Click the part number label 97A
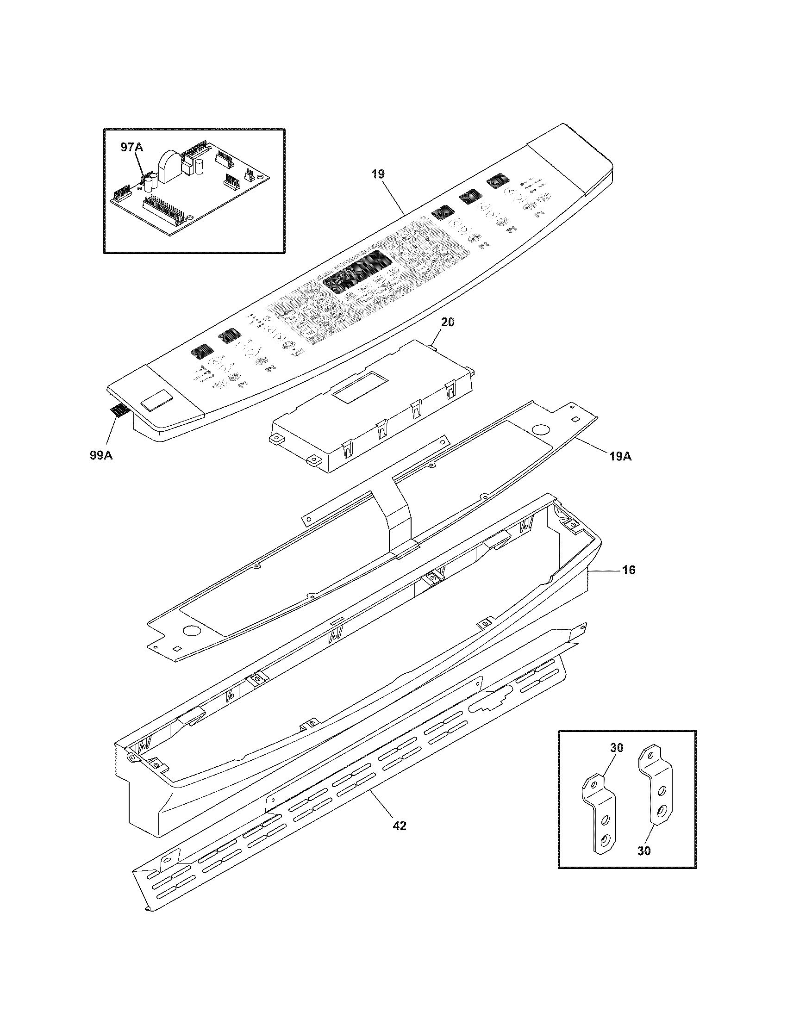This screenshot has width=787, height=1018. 132,148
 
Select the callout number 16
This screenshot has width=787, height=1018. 629,570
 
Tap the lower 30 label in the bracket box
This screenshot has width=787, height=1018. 643,850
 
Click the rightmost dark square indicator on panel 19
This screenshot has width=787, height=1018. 498,179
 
